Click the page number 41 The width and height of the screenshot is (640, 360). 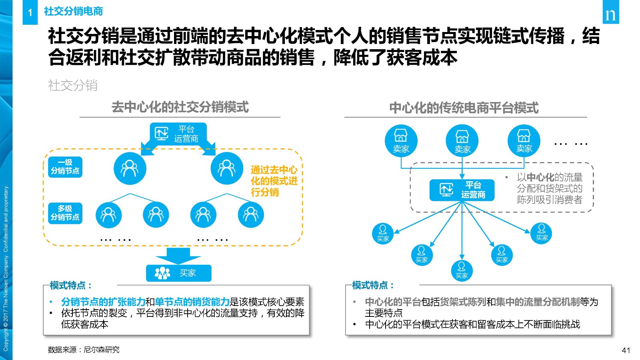[x=626, y=350]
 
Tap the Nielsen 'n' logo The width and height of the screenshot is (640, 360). [x=610, y=12]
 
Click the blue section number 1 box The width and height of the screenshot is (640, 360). [x=30, y=12]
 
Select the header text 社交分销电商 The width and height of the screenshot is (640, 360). [x=73, y=12]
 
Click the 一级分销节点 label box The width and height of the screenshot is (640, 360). [x=65, y=167]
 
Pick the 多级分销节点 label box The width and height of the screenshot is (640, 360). [x=65, y=213]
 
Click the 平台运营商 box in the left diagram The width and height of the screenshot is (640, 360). [x=178, y=134]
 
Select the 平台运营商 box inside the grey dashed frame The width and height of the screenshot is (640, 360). [x=462, y=190]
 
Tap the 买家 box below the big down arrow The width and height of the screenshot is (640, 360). [x=179, y=273]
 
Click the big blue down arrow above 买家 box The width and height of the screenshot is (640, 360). [x=178, y=256]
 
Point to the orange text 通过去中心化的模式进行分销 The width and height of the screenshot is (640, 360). [x=274, y=181]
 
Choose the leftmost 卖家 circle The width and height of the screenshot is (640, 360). [x=401, y=140]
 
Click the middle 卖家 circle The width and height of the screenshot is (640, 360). [x=462, y=140]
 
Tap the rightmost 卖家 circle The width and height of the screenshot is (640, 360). [x=524, y=140]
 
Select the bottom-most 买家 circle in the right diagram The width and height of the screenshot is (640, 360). [x=462, y=271]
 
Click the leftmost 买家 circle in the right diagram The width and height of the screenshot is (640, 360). [x=383, y=234]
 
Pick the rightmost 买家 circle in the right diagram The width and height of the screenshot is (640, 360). [x=541, y=233]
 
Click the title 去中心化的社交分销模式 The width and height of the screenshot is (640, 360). [x=180, y=108]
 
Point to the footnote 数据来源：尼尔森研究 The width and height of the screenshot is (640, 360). [x=84, y=350]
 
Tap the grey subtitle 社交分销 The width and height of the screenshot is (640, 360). [x=72, y=86]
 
